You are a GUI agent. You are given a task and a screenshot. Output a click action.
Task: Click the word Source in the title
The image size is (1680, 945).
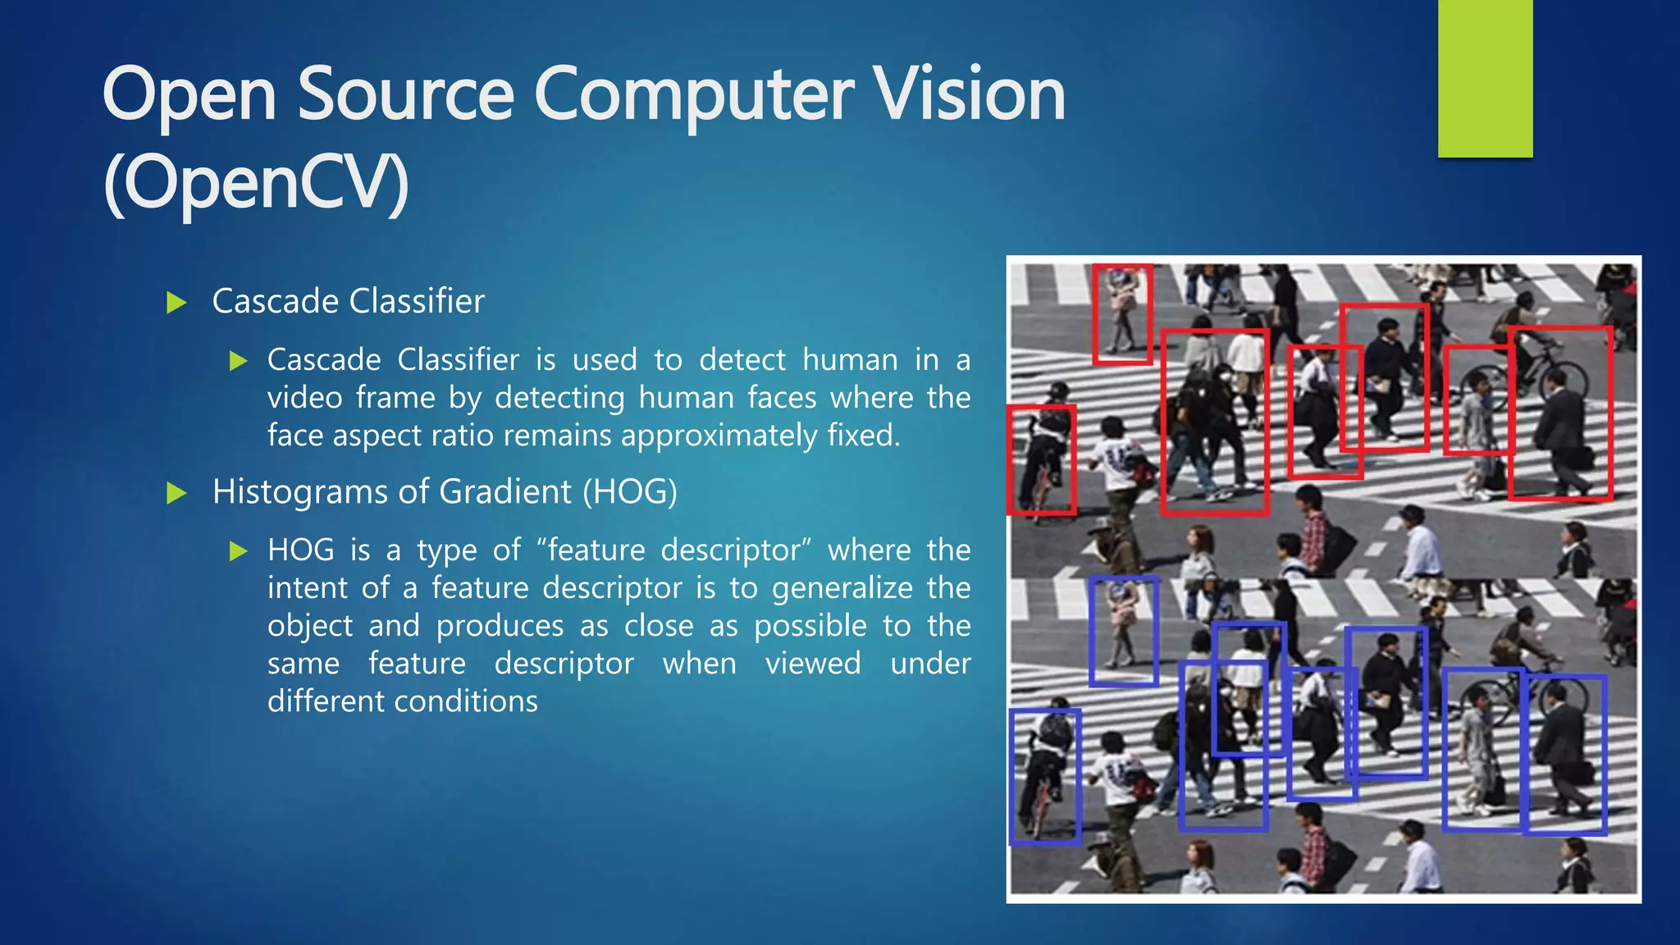(x=405, y=95)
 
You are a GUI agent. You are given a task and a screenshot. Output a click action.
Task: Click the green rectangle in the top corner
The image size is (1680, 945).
(x=1485, y=78)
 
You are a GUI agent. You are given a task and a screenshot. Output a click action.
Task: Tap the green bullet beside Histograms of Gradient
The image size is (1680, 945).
(x=176, y=493)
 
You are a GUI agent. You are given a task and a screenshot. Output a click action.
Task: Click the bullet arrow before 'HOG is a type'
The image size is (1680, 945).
(x=239, y=550)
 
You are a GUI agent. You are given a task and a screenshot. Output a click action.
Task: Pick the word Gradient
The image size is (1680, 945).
(x=505, y=492)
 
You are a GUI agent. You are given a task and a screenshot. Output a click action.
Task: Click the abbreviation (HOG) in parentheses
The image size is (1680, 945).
(x=630, y=492)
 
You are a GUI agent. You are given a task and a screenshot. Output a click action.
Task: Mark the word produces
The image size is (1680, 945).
(x=500, y=626)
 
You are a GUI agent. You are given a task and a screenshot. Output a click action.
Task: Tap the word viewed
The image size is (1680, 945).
(x=813, y=664)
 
